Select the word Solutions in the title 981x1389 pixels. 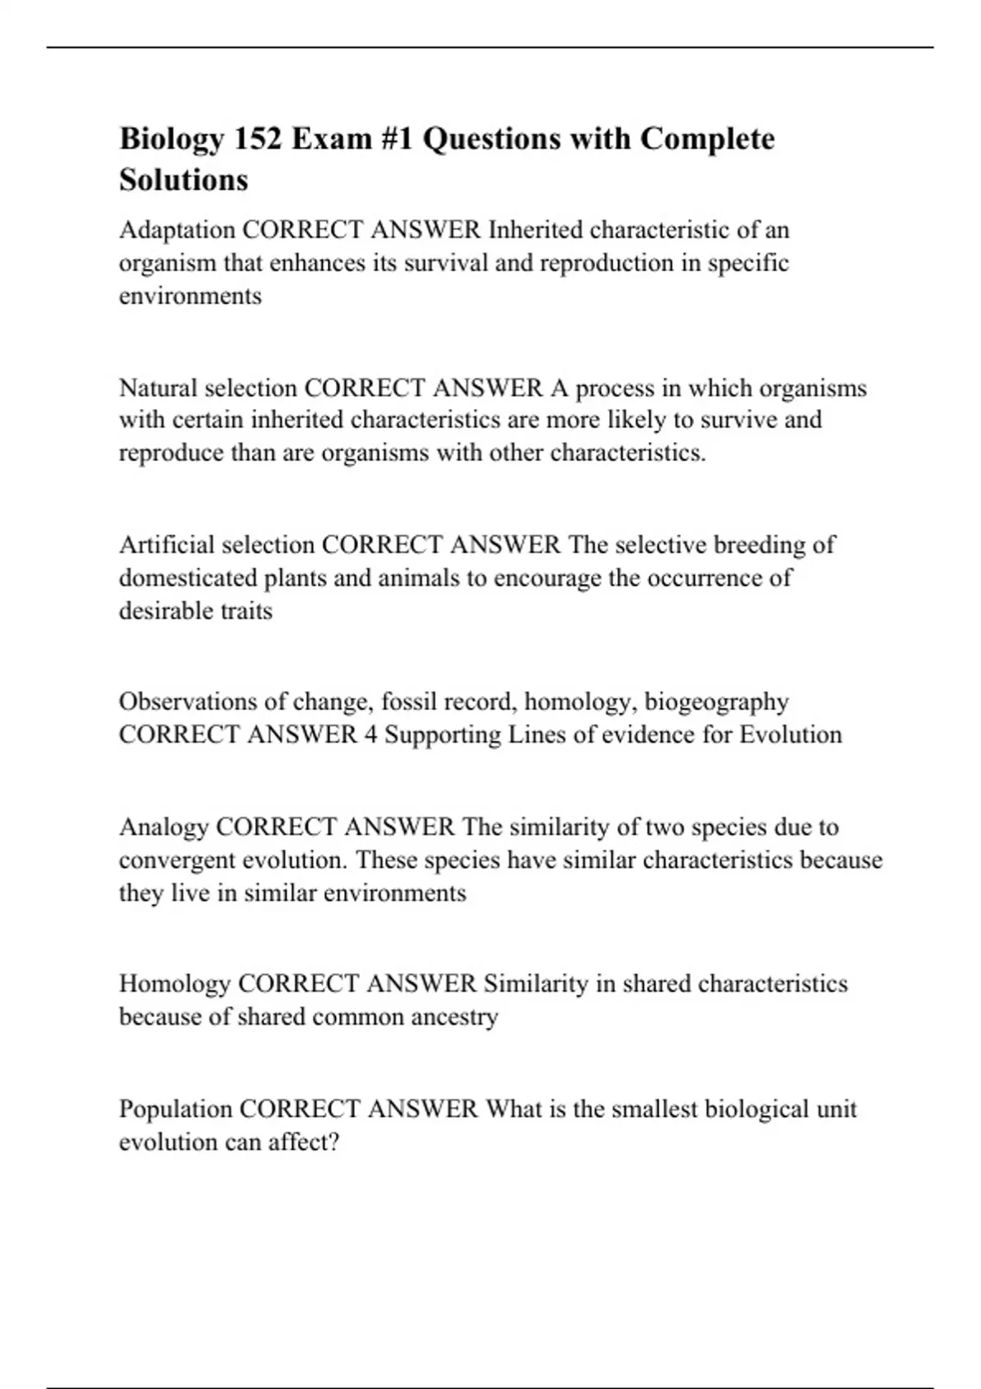184,180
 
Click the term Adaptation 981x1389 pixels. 177,230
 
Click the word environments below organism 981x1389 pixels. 190,296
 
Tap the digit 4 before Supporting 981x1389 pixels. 370,735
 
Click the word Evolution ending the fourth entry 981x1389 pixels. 791,735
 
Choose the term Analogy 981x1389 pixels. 163,827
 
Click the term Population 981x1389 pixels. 176,1109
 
